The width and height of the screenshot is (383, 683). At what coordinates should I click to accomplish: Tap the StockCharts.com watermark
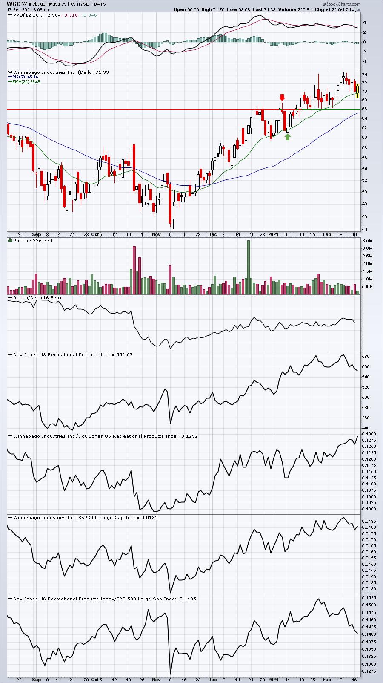[342, 4]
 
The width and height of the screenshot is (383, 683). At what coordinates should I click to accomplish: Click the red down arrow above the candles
[282, 98]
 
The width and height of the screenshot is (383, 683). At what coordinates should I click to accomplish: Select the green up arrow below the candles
[288, 137]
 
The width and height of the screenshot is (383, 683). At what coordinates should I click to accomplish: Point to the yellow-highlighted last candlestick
[357, 91]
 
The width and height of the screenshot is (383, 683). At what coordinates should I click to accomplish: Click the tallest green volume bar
[249, 268]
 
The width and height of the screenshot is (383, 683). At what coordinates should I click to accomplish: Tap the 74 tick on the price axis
[364, 75]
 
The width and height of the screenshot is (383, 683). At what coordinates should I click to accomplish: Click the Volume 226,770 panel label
[33, 241]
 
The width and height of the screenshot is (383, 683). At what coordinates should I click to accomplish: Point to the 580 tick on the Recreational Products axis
[366, 357]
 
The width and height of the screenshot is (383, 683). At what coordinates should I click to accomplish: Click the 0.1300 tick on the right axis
[369, 434]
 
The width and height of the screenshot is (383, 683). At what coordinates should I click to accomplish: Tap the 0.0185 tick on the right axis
[369, 521]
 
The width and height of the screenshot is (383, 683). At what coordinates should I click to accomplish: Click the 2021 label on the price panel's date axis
[273, 234]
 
